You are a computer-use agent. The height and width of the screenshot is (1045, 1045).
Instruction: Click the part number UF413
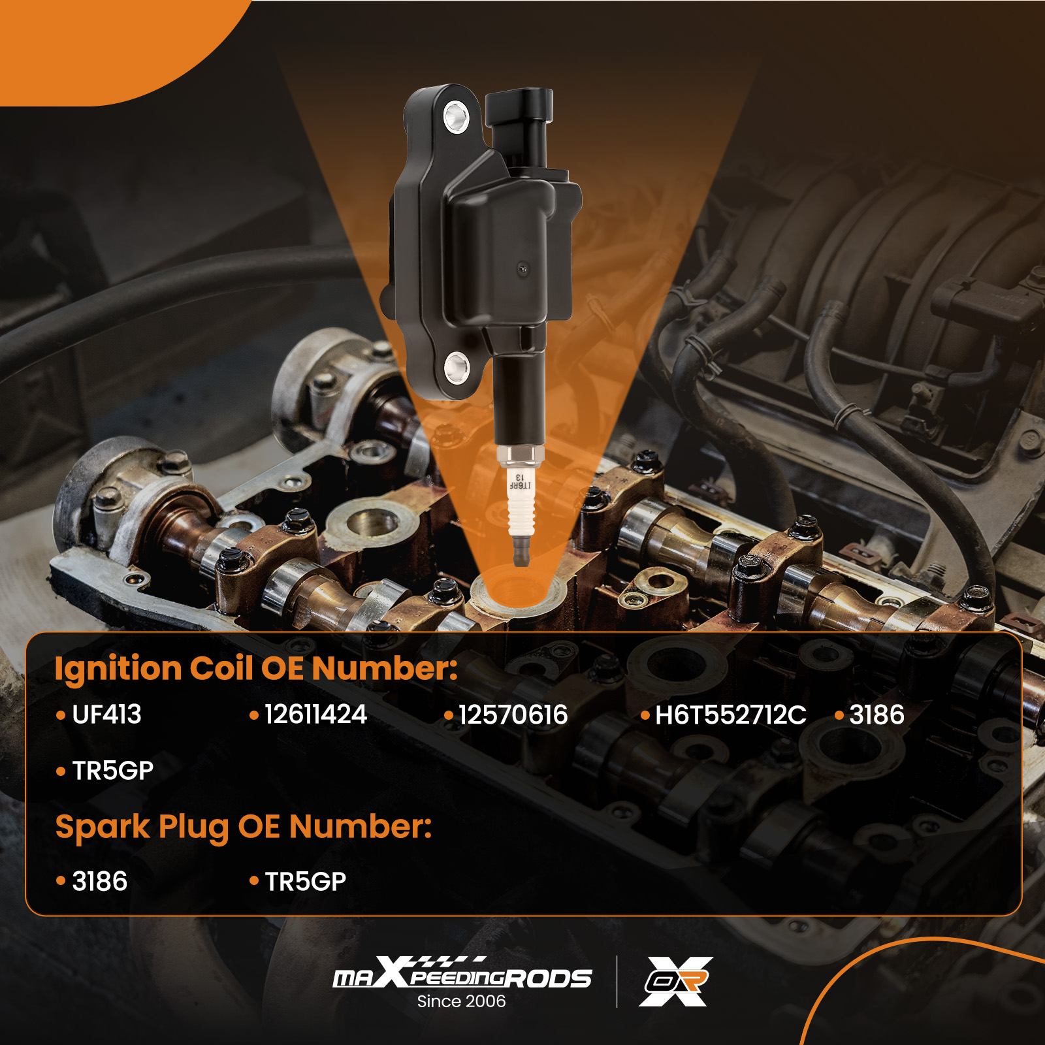[106, 715]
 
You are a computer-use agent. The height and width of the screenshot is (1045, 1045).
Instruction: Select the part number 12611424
[315, 715]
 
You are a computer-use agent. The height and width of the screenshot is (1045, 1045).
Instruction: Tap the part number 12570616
[513, 715]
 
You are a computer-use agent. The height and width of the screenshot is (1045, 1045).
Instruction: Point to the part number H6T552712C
[731, 715]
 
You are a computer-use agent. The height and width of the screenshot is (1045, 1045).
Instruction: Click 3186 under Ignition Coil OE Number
[876, 715]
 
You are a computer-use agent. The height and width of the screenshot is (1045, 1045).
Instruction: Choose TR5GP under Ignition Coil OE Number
[112, 771]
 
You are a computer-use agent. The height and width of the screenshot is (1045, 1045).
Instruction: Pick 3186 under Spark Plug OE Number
[99, 881]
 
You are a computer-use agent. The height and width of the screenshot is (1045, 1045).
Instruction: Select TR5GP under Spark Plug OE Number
[305, 881]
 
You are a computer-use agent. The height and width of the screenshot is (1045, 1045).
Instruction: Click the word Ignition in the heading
[118, 669]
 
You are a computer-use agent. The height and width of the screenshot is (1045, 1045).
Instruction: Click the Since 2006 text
[461, 1001]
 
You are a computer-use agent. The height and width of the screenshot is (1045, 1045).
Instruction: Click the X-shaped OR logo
[676, 982]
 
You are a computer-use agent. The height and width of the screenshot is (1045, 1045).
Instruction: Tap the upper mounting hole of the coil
[456, 118]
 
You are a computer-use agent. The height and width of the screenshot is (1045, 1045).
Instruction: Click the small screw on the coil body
[522, 268]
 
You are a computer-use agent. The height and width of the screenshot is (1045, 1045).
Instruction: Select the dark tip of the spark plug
[521, 553]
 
